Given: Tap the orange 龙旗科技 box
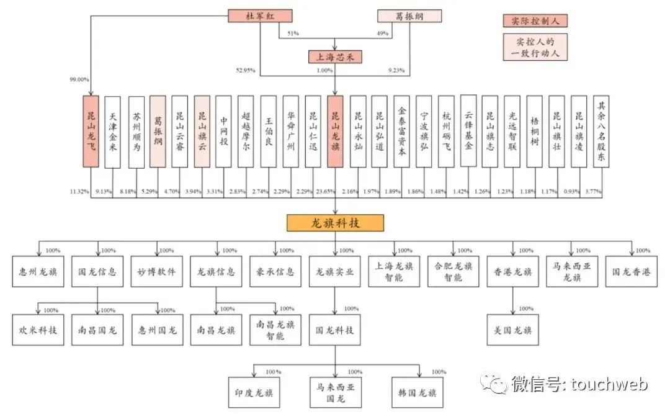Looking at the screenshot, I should [335, 223].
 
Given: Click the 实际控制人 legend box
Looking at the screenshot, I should [535, 20].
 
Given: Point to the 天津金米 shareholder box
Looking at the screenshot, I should [113, 131].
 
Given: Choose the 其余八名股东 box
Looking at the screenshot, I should [600, 131].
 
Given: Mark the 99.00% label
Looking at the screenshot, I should [79, 80].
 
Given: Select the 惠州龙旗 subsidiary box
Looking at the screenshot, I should [38, 272].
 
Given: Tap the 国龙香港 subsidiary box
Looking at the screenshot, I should [632, 272].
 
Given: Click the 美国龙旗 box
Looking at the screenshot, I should [513, 330].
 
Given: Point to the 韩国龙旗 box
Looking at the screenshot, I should [418, 392].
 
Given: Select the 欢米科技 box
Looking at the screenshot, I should [38, 330].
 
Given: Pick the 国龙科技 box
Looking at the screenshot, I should [335, 330].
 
